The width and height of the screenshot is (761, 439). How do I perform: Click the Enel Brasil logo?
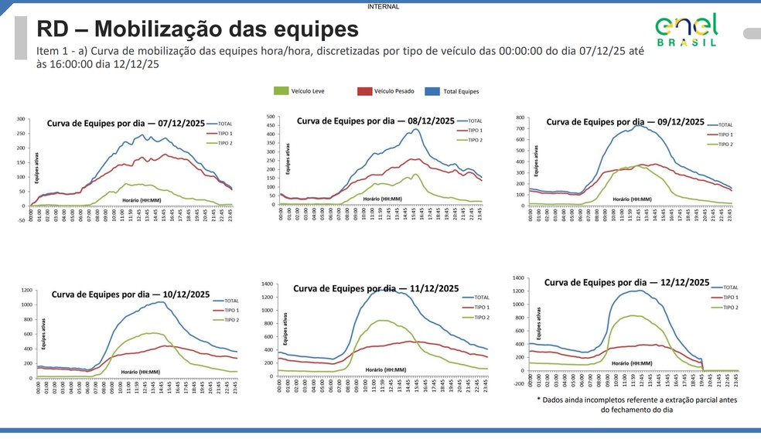(x=686, y=29)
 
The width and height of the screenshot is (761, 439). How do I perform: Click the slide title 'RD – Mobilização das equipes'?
(x=197, y=29)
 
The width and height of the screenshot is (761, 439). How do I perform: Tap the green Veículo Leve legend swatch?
(x=281, y=91)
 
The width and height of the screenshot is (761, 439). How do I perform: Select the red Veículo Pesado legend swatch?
(x=364, y=91)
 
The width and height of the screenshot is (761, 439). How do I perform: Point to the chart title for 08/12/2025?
(x=375, y=121)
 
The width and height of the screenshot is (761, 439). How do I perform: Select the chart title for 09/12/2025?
(x=625, y=122)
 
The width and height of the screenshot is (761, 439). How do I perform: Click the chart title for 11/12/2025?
(x=376, y=288)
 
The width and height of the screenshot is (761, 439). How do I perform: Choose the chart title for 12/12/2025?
(x=626, y=283)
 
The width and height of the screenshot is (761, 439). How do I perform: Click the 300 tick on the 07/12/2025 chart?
(x=21, y=120)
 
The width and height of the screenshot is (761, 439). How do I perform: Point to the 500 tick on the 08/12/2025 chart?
(x=270, y=117)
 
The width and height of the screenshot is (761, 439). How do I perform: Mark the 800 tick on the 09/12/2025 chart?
(x=520, y=118)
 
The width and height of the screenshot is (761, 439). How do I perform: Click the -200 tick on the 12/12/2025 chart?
(x=518, y=383)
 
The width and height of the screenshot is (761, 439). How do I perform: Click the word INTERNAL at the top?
(x=384, y=6)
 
